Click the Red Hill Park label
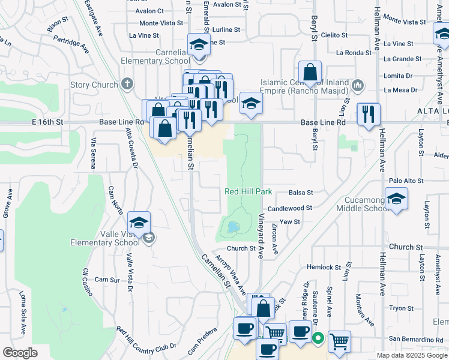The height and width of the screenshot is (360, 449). [249, 191]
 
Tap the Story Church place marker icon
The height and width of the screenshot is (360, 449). [127, 84]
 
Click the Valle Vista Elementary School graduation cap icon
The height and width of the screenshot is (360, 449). [139, 222]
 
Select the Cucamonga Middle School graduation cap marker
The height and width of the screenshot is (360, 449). [396, 199]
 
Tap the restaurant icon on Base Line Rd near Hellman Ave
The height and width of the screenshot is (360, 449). [368, 113]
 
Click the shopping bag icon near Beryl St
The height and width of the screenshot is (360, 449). [310, 71]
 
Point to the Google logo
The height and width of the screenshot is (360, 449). [20, 352]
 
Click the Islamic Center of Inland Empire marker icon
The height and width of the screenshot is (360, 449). [358, 85]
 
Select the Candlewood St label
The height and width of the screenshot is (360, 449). [290, 208]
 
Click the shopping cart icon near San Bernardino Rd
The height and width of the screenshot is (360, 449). [339, 341]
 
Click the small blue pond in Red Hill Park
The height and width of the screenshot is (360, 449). [231, 228]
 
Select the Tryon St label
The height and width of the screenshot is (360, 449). [398, 308]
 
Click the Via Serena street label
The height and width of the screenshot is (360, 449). [94, 152]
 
